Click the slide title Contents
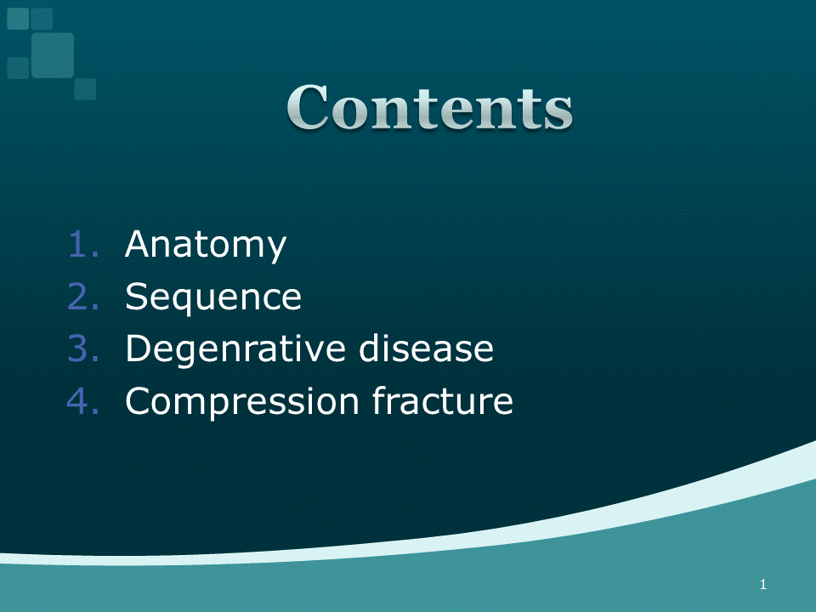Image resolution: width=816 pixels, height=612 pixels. tap(429, 108)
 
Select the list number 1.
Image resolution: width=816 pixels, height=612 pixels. tap(83, 244)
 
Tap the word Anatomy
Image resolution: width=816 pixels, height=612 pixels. tap(206, 246)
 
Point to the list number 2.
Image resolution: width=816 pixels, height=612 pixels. tap(83, 296)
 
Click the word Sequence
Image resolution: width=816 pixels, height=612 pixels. tap(213, 298)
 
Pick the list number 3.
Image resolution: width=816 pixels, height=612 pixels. tap(83, 348)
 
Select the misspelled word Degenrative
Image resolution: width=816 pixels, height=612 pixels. tap(235, 349)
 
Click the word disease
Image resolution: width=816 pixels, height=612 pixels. tap(426, 348)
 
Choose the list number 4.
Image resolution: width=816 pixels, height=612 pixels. tap(83, 400)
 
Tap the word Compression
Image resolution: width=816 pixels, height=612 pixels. tap(242, 402)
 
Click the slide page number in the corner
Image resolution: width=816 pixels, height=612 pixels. tap(763, 585)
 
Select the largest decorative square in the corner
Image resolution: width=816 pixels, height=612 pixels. tap(53, 55)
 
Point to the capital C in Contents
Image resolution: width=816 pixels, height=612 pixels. tap(308, 107)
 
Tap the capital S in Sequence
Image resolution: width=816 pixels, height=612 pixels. tap(136, 296)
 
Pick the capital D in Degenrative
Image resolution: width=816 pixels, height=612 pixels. tap(139, 348)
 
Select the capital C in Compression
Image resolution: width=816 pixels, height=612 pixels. tap(139, 400)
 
